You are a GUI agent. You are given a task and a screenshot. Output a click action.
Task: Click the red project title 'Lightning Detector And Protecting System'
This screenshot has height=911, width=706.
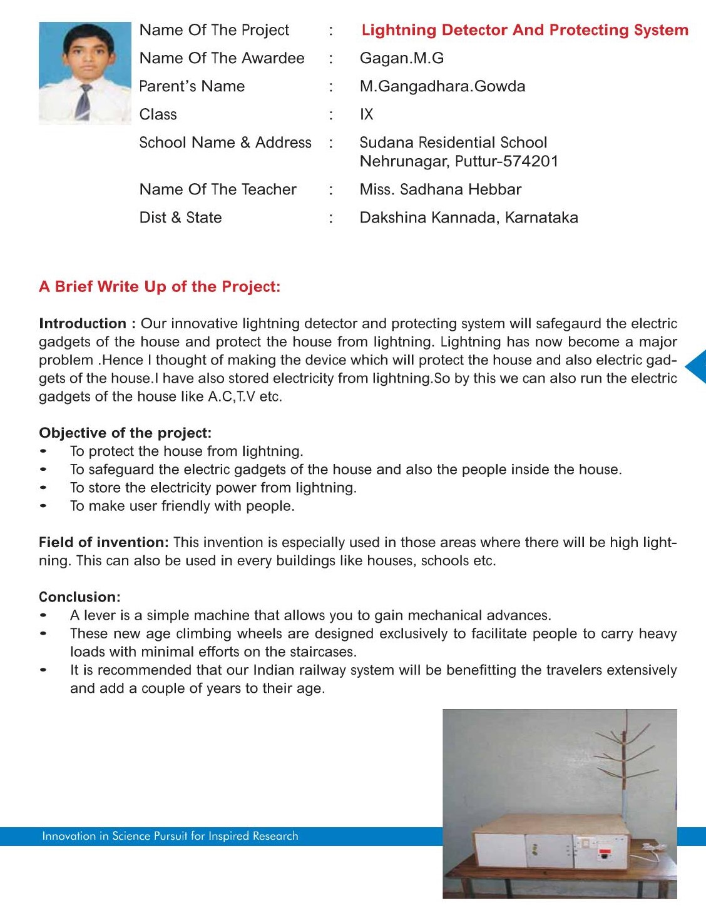(x=524, y=30)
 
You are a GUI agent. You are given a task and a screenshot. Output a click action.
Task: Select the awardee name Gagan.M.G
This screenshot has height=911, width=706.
(x=401, y=58)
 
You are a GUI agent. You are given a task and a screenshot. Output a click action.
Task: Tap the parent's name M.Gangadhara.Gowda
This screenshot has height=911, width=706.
(x=442, y=86)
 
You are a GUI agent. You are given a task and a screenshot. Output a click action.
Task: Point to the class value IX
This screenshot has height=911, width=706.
(x=366, y=114)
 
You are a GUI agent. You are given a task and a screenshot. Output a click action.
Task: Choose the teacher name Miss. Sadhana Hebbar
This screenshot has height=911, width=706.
(x=440, y=189)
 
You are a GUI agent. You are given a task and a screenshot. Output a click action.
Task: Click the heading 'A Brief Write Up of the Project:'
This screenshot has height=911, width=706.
(x=160, y=287)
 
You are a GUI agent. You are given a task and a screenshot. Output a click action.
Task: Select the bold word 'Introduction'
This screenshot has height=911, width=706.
(x=83, y=324)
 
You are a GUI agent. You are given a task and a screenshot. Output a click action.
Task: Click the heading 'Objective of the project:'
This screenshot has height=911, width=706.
(x=125, y=433)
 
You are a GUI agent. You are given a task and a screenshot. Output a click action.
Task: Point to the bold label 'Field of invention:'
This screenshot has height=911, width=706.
(x=104, y=543)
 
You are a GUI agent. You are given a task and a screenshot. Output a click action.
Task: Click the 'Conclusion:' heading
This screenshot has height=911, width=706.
(x=79, y=597)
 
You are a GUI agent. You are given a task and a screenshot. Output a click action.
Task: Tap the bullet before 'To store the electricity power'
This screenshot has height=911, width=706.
(x=43, y=488)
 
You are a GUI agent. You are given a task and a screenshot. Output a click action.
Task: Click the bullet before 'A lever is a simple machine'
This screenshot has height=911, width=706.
(x=43, y=615)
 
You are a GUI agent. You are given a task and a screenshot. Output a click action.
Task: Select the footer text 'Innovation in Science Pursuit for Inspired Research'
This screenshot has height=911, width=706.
(x=170, y=836)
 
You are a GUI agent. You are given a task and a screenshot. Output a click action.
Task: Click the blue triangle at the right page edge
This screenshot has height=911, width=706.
(x=697, y=366)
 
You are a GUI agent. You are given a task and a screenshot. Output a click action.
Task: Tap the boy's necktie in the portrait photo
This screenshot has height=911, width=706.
(x=84, y=101)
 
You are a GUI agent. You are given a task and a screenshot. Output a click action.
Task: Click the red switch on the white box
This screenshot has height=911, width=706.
(x=605, y=852)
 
